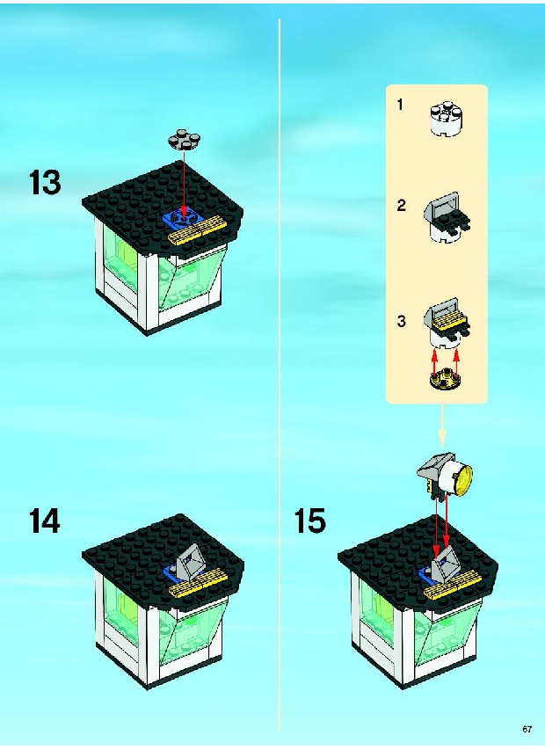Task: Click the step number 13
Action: (x=45, y=182)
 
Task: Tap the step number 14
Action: (x=45, y=521)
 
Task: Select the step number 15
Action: (x=309, y=521)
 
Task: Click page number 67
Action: (x=527, y=729)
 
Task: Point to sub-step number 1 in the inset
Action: (x=400, y=105)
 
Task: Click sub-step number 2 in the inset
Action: (x=401, y=205)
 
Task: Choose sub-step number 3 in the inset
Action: (x=401, y=321)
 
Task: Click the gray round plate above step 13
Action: (x=184, y=138)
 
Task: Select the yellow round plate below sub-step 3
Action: (x=445, y=379)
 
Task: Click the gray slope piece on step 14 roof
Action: (x=190, y=561)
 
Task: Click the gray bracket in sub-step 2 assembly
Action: (x=442, y=207)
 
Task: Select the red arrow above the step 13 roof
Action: (x=184, y=186)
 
